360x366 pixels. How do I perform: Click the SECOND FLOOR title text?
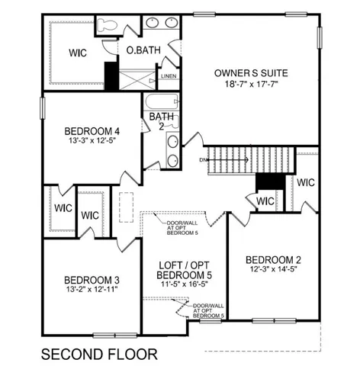(x=99, y=354)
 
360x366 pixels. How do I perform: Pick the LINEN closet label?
(x=169, y=76)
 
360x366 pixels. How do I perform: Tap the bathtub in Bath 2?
(x=159, y=101)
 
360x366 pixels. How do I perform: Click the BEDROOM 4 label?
(x=95, y=130)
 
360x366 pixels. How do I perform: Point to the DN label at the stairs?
(x=202, y=159)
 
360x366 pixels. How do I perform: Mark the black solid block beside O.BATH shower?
(x=111, y=75)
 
